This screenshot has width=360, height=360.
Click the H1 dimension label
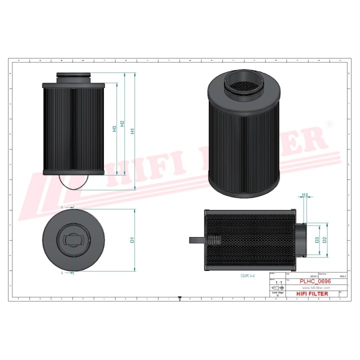coord(132,131)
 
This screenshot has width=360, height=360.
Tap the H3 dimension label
coord(114,128)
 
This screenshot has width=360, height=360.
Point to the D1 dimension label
coord(132,240)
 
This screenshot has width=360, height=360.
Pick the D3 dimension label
coord(317,240)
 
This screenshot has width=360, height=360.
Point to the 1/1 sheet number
coord(278,282)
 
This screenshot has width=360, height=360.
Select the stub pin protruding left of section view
coord(196,240)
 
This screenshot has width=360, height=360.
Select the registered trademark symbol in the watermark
coord(329,122)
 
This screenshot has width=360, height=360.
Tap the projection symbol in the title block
coord(277,288)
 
